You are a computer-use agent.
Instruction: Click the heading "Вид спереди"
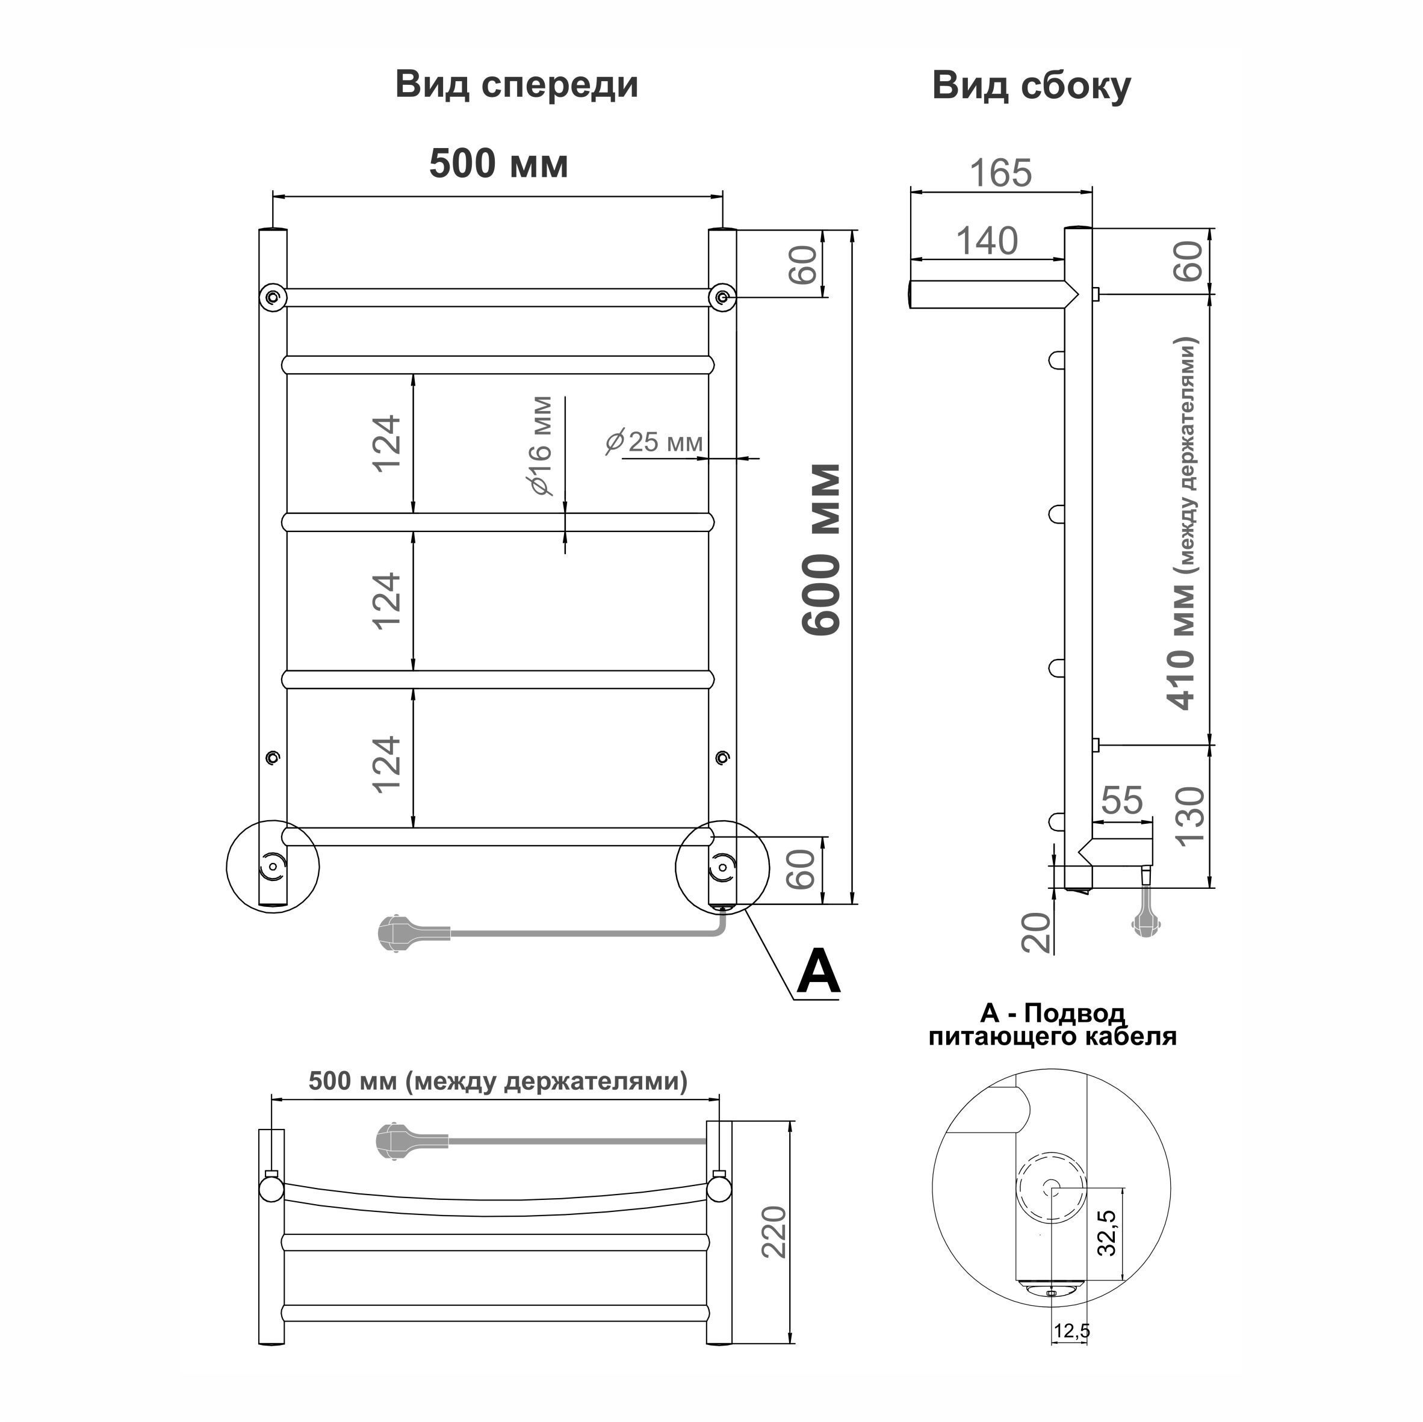coord(517,85)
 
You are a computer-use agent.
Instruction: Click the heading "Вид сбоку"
coord(1031,86)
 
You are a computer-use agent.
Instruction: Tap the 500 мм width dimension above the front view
coord(498,164)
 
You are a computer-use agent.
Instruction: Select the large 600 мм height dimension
coord(820,549)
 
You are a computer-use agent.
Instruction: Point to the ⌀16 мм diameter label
coord(539,445)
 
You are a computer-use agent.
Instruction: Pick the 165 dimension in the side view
coord(1001,174)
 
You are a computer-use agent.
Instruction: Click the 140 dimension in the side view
coord(987,241)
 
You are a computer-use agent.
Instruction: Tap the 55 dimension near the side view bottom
coord(1122,800)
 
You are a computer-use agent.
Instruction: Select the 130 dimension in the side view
coord(1189,817)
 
